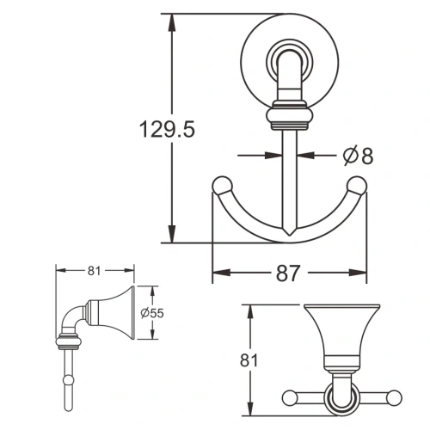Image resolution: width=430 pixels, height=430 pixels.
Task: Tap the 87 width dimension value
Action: point(287,273)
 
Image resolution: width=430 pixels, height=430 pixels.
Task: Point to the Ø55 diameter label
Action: point(151,313)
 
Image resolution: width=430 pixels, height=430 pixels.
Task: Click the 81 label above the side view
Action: point(94,270)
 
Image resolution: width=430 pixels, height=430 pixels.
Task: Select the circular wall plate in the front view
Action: point(288,53)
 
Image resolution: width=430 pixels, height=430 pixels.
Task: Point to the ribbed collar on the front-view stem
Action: point(287,114)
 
